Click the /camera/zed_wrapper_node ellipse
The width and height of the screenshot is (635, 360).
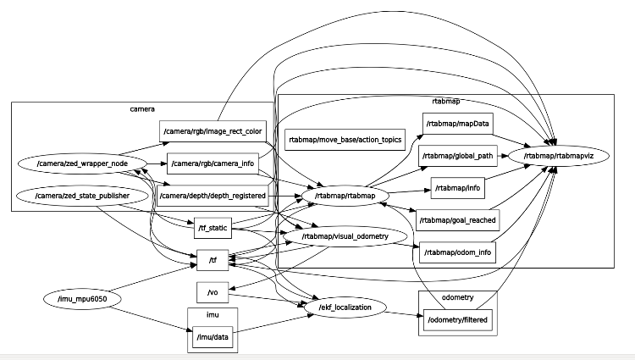[x=83, y=163]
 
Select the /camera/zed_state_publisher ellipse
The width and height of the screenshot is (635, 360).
[x=82, y=196]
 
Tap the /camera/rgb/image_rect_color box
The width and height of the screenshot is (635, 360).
[x=213, y=131]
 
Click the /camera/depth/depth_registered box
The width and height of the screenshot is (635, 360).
[x=213, y=197]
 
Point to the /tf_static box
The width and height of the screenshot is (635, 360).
[x=212, y=227]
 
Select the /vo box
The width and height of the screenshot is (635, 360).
[x=213, y=291]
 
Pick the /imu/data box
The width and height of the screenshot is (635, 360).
[x=212, y=338]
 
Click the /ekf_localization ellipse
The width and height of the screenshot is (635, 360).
[x=345, y=307]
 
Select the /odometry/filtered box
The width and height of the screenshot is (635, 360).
[x=457, y=319]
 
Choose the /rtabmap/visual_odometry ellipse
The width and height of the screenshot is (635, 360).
[x=345, y=236]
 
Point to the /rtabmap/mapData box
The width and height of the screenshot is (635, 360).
[x=457, y=124]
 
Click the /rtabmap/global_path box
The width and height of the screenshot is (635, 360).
[x=457, y=156]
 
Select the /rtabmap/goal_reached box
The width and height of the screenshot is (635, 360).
[x=457, y=219]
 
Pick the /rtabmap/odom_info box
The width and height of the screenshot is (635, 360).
[x=457, y=252]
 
